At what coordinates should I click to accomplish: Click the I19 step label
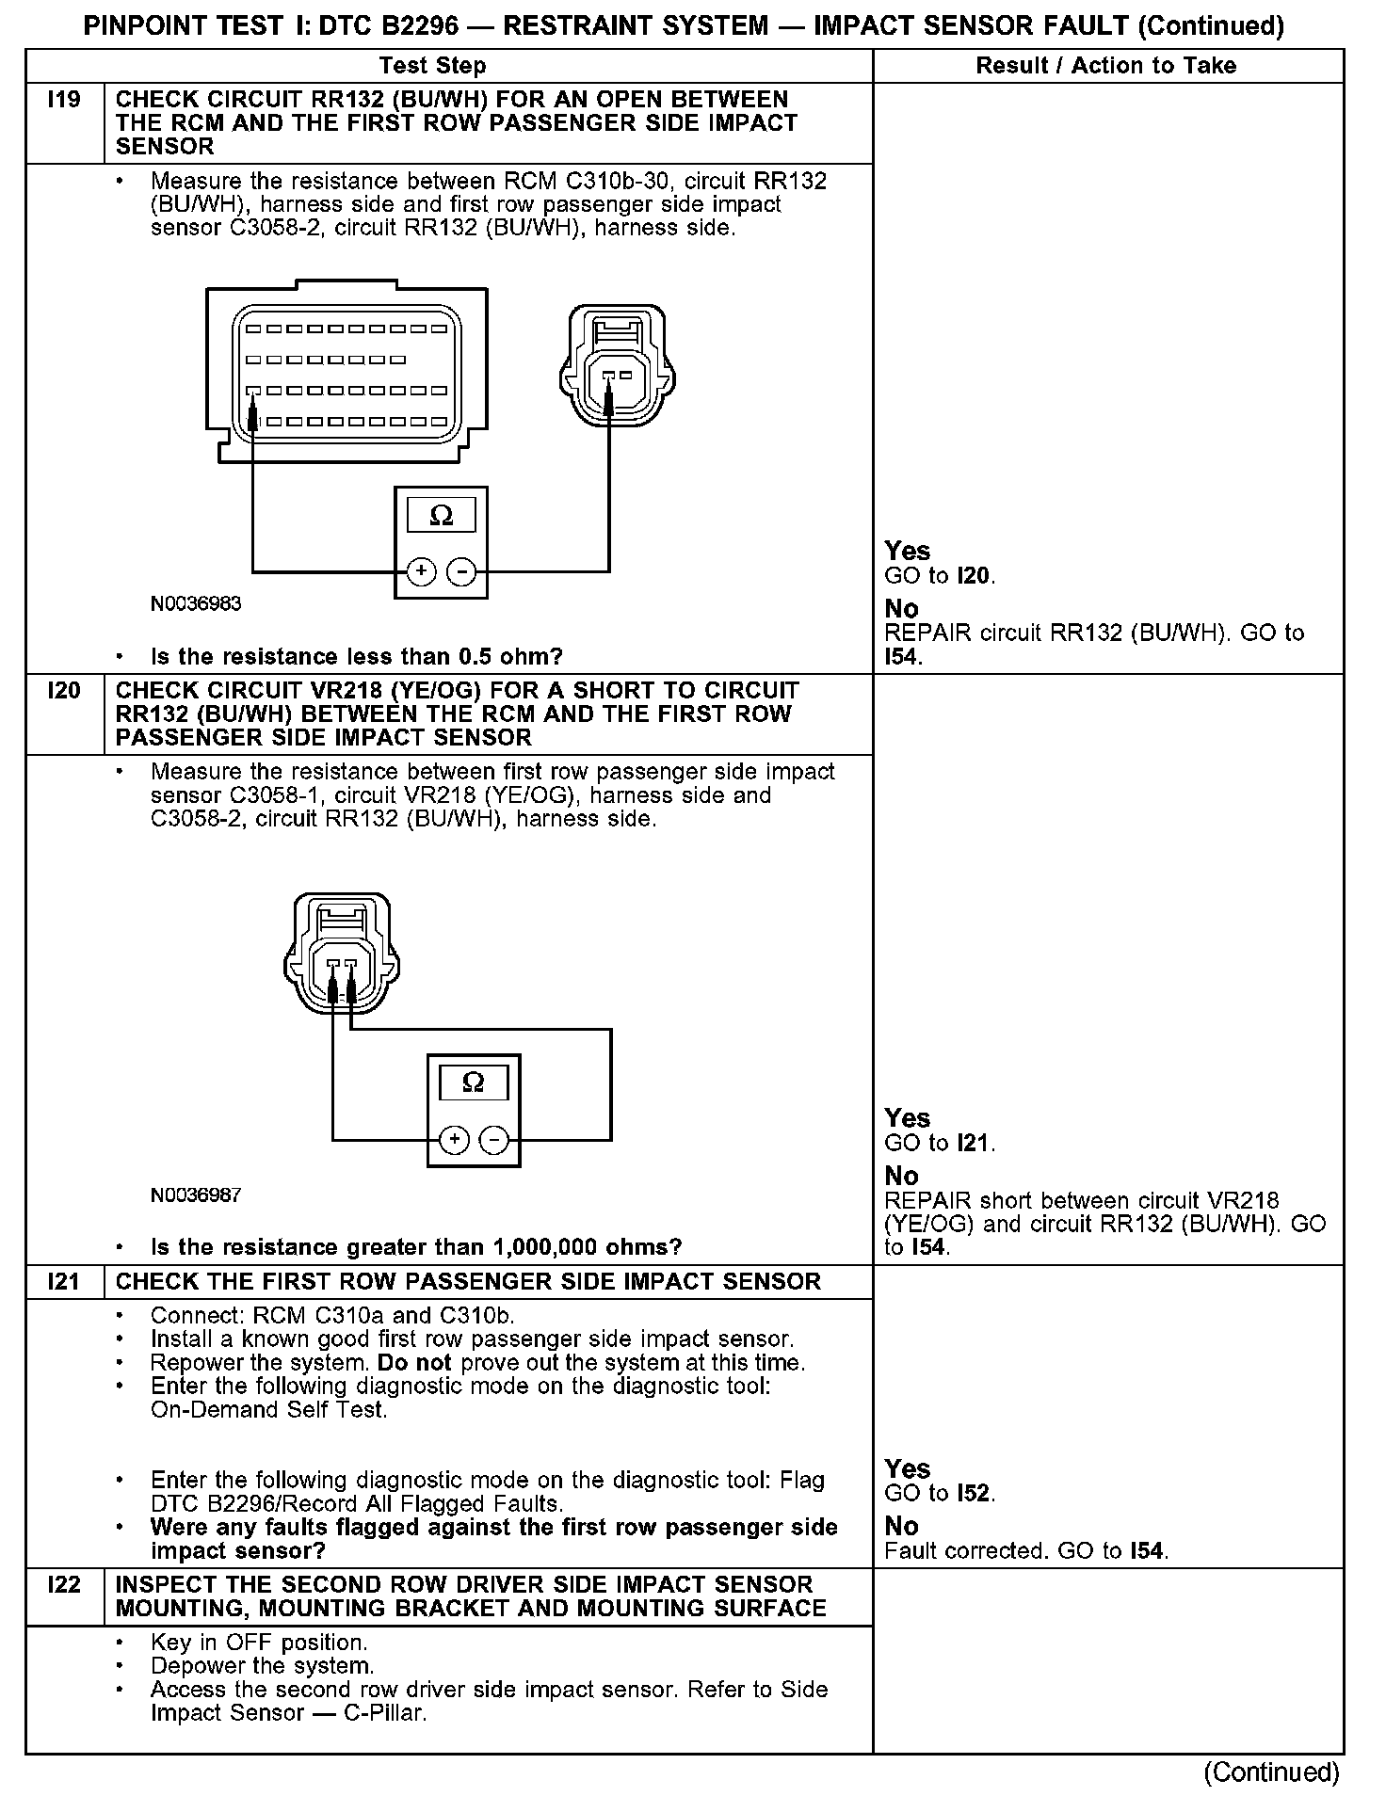pyautogui.click(x=64, y=100)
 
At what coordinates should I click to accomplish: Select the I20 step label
pyautogui.click(x=64, y=691)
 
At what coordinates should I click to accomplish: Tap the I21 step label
pyautogui.click(x=64, y=1282)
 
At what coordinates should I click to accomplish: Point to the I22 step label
pyautogui.click(x=64, y=1585)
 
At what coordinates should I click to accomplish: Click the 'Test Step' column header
pyautogui.click(x=432, y=66)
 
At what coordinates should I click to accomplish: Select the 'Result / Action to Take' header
pyautogui.click(x=1106, y=66)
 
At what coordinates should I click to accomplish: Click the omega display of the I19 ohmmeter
pyautogui.click(x=441, y=516)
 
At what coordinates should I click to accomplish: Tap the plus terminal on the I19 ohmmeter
pyautogui.click(x=421, y=571)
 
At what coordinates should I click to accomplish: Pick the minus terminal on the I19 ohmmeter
pyautogui.click(x=460, y=571)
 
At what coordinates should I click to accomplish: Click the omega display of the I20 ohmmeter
pyautogui.click(x=474, y=1083)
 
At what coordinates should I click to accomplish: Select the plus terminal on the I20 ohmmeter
pyautogui.click(x=455, y=1140)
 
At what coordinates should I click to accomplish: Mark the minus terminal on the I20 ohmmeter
pyautogui.click(x=494, y=1140)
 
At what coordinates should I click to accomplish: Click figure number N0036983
pyautogui.click(x=196, y=604)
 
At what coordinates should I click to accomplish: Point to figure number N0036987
pyautogui.click(x=196, y=1195)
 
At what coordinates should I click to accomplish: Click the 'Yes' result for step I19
pyautogui.click(x=907, y=552)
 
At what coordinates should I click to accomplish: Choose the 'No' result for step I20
pyautogui.click(x=901, y=1177)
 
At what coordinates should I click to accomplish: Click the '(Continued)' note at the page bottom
pyautogui.click(x=1270, y=1772)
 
